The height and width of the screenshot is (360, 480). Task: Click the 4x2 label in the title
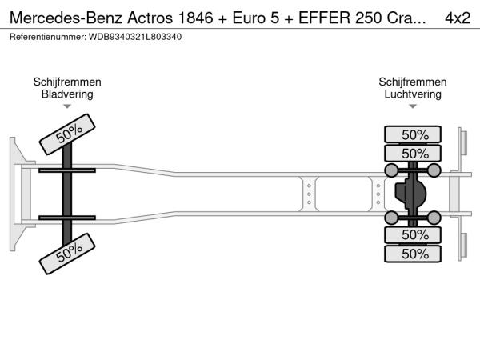pyautogui.click(x=458, y=18)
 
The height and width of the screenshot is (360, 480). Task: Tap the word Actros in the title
pyautogui.click(x=150, y=18)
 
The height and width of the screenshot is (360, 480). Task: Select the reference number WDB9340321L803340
pyautogui.click(x=135, y=37)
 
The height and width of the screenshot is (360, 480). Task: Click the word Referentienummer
pyautogui.click(x=48, y=37)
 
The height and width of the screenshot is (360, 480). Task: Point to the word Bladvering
pyautogui.click(x=67, y=94)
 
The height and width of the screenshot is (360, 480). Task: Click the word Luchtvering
pyautogui.click(x=413, y=94)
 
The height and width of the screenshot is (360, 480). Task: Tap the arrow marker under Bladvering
pyautogui.click(x=67, y=106)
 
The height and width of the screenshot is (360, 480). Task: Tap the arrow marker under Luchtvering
pyautogui.click(x=413, y=106)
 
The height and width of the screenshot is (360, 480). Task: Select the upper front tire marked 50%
pyautogui.click(x=67, y=134)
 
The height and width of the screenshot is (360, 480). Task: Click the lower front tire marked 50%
pyautogui.click(x=67, y=254)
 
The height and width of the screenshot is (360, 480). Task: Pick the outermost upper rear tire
pyautogui.click(x=413, y=134)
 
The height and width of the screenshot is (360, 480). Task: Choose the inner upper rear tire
pyautogui.click(x=413, y=153)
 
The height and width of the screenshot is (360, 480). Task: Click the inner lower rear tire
pyautogui.click(x=413, y=235)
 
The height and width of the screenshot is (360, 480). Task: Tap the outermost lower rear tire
pyautogui.click(x=413, y=254)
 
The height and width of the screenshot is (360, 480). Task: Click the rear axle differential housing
pyautogui.click(x=410, y=194)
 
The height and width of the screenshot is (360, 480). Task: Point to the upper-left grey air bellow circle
pyautogui.click(x=391, y=170)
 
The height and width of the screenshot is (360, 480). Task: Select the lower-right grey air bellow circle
pyautogui.click(x=434, y=218)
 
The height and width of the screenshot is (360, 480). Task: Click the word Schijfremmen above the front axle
pyautogui.click(x=67, y=82)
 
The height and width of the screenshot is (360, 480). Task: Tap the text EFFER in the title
pyautogui.click(x=324, y=18)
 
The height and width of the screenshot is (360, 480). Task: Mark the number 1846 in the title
pyautogui.click(x=195, y=18)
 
